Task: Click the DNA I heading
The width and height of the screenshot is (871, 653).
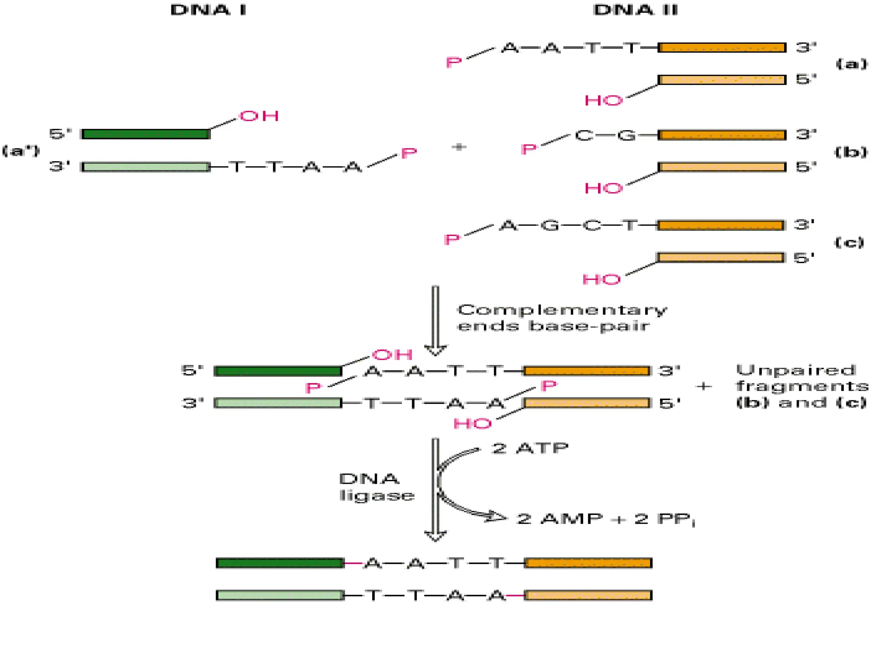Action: click(208, 10)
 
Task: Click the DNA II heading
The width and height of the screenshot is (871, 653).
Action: click(635, 10)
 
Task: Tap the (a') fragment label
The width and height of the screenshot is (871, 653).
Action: click(21, 150)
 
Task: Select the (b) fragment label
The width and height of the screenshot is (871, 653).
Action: click(851, 152)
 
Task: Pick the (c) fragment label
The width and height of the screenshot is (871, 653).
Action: click(849, 242)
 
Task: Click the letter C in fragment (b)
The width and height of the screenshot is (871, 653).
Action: click(584, 136)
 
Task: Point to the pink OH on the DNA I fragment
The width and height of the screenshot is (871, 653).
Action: click(259, 116)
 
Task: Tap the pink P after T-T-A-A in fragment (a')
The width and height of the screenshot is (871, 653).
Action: click(409, 153)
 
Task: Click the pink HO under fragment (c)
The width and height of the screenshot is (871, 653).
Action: click(601, 280)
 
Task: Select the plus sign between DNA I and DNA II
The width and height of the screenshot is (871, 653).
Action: click(458, 147)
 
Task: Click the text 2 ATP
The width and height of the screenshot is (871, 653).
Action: click(530, 448)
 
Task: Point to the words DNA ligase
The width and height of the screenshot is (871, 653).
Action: click(376, 487)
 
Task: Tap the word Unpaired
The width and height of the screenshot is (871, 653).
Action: click(795, 370)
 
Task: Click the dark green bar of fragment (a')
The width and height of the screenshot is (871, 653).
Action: click(145, 134)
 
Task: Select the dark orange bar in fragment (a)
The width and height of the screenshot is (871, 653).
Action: click(722, 48)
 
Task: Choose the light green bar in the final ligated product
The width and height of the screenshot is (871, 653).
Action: click(280, 595)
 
